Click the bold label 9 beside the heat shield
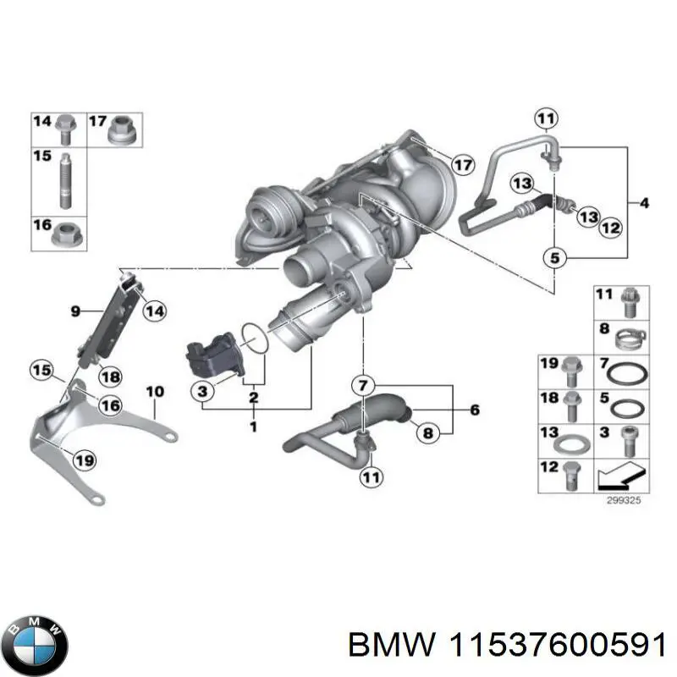click(x=74, y=311)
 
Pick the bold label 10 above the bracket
click(x=154, y=391)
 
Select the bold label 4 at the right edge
click(x=645, y=203)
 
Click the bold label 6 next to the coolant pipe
click(x=474, y=410)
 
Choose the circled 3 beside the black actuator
click(x=203, y=391)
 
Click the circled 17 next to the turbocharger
click(x=461, y=164)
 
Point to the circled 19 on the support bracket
click(x=83, y=460)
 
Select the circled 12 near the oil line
click(x=611, y=226)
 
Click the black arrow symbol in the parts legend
click(x=622, y=476)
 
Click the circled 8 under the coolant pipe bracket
click(x=427, y=432)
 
